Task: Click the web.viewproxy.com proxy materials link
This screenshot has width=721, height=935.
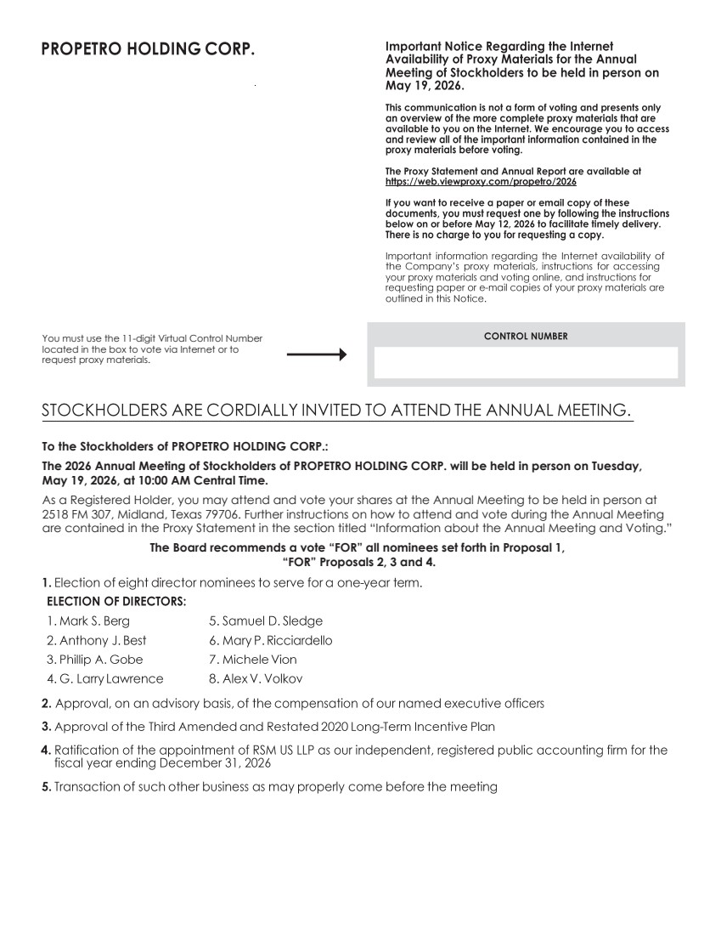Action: tap(481, 182)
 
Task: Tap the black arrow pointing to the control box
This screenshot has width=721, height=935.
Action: tap(317, 354)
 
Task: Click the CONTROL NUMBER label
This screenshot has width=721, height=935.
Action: tap(526, 337)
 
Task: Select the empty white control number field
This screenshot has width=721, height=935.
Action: tap(526, 362)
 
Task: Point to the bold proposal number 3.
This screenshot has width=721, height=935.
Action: tap(47, 727)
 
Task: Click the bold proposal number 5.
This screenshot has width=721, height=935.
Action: tap(47, 787)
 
